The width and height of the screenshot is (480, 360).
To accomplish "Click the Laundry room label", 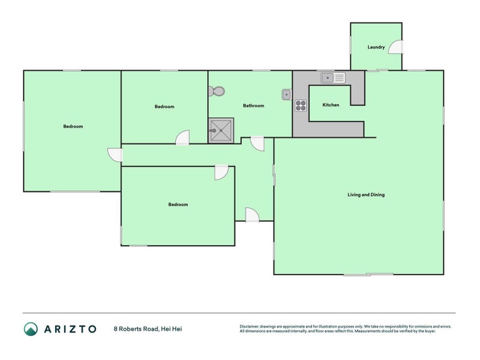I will (x=376, y=47).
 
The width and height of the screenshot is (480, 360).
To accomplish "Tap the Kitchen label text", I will (x=331, y=105).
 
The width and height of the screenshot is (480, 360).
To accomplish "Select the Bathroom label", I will (x=253, y=106).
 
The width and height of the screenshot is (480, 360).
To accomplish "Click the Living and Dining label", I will (x=366, y=194).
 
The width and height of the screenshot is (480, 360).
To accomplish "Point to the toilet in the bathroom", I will (x=217, y=91).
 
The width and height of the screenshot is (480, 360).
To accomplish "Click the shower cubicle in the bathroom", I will (x=221, y=130).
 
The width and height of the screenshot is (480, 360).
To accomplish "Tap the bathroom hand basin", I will (x=287, y=94).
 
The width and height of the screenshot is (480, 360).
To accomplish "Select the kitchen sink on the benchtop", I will (x=333, y=77).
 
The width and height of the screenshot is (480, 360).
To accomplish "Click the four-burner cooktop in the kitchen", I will (x=300, y=106).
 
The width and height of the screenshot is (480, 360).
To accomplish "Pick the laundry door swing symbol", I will (x=396, y=47).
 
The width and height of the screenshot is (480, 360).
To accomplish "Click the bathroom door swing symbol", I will (x=257, y=143).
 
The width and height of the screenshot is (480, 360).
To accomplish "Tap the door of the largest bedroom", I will (x=115, y=154).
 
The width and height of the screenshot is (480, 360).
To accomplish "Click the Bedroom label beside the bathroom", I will (x=164, y=107).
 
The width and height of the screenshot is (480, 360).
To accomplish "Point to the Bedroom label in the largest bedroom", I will (x=73, y=127).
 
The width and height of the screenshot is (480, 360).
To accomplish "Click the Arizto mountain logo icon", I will (x=31, y=329).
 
